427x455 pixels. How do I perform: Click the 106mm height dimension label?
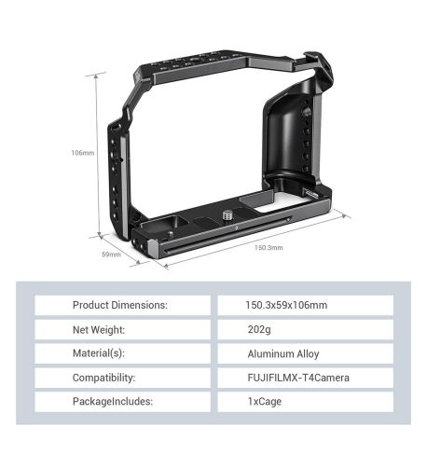(x=83, y=153)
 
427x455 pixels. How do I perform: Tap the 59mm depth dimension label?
(x=111, y=254)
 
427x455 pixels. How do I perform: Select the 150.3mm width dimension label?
(x=269, y=248)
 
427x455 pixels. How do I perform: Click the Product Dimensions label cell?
(x=120, y=306)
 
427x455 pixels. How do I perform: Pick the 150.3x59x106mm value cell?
(x=306, y=306)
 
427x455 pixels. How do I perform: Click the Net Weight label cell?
(x=120, y=330)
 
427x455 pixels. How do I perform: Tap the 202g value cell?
(x=306, y=330)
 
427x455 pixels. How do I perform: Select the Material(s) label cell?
(x=120, y=354)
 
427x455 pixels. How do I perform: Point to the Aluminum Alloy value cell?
(x=306, y=354)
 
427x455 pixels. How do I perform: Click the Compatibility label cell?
(x=120, y=379)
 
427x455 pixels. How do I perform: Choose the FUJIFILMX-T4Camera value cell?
(x=306, y=379)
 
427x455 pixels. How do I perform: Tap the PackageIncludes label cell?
(x=120, y=403)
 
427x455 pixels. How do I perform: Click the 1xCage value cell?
(x=306, y=403)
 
